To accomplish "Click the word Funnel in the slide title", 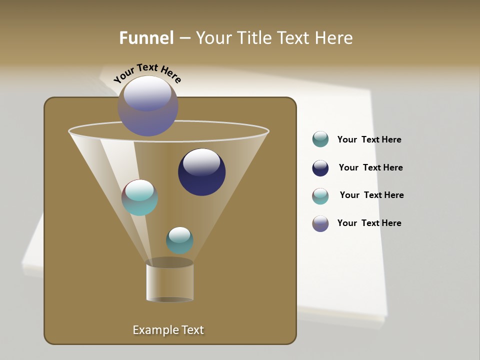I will coord(146,38).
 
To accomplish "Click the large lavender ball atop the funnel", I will coord(148,106).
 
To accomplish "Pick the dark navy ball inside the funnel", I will coord(201,172).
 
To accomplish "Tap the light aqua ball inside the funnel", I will coord(140,197).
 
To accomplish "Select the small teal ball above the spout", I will coord(179,240).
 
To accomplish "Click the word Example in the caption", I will coord(153,330).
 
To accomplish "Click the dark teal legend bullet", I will coord(320,139).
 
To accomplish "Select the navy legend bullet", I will coord(320,168).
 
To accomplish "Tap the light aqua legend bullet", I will coord(320,196).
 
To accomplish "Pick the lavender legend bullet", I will coord(320,223).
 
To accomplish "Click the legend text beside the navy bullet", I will coord(370,167).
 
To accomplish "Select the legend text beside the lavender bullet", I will coord(369,223).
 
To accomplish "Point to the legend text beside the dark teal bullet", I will coord(369,139).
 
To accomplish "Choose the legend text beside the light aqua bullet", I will coord(371,195).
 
